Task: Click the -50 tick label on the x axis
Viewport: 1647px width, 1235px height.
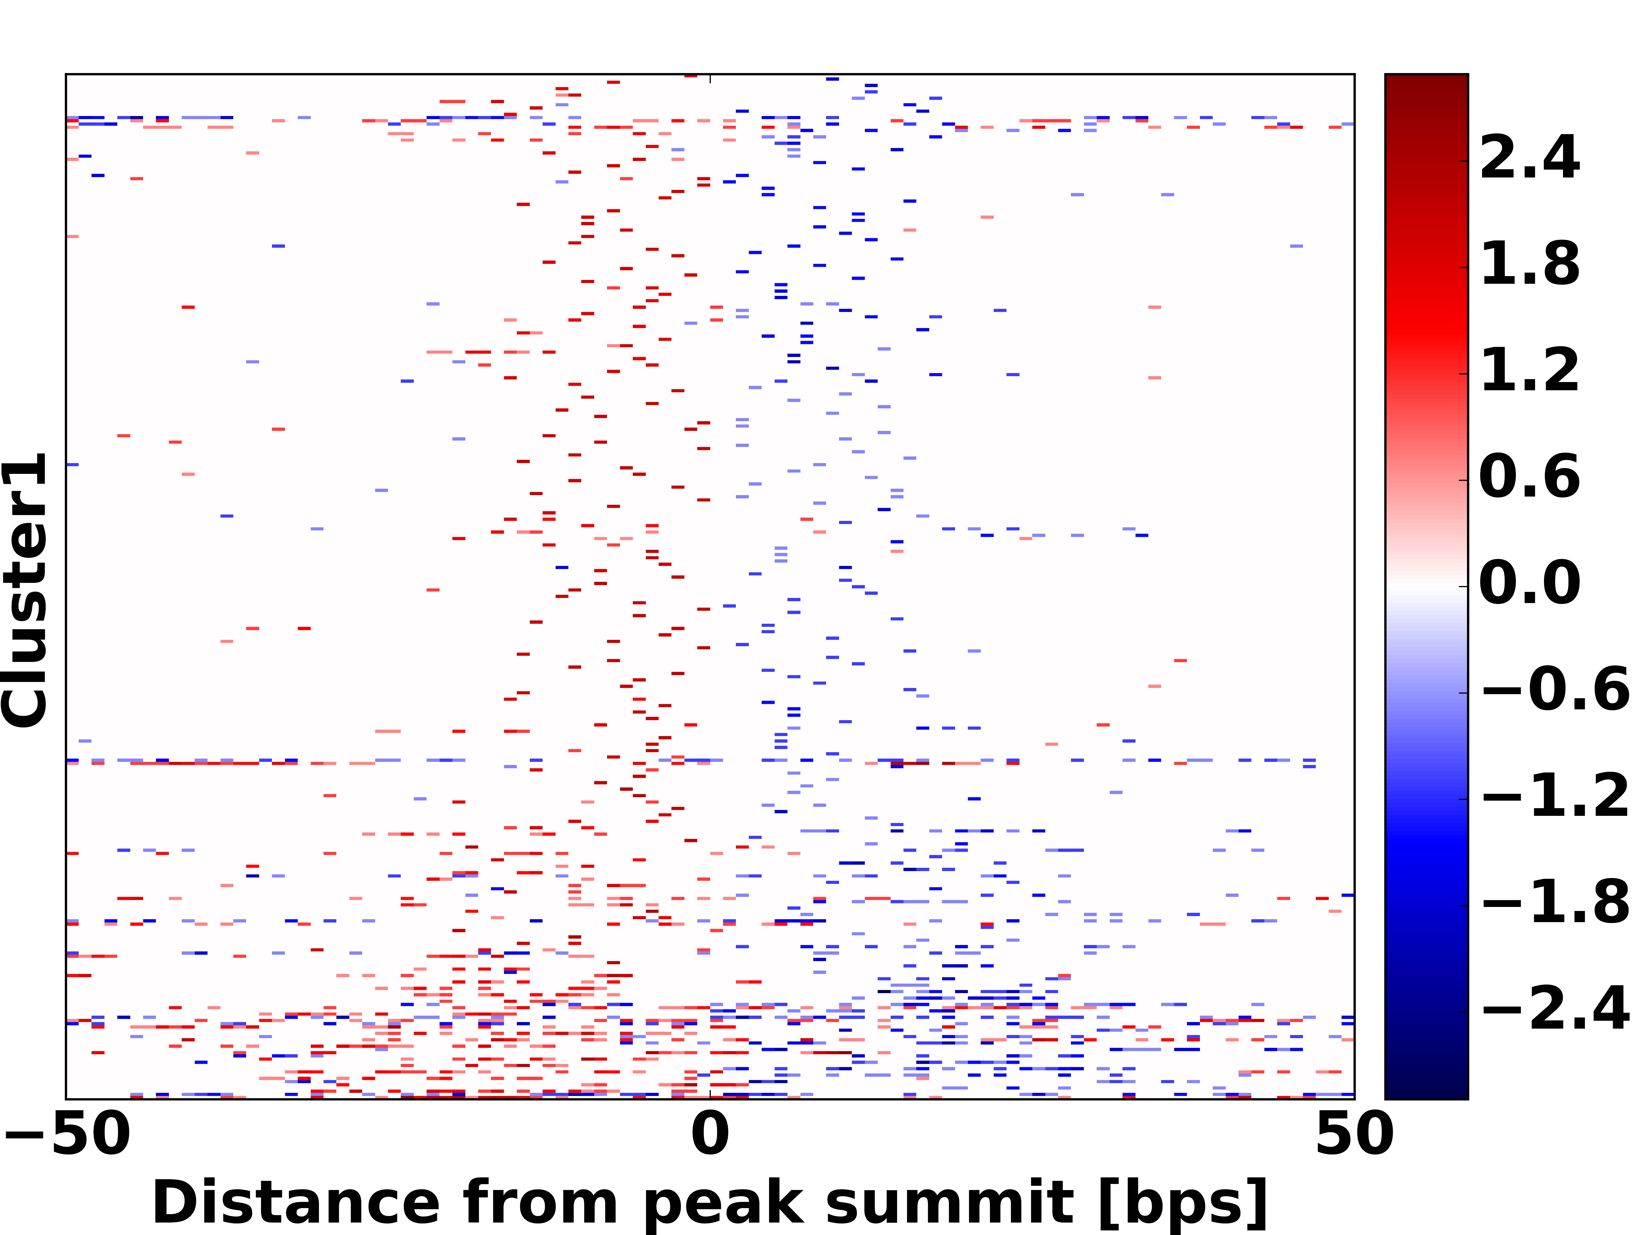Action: point(68,1135)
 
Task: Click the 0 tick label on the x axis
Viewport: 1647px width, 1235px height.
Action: point(709,1135)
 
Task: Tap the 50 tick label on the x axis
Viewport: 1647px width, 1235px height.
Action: point(1354,1135)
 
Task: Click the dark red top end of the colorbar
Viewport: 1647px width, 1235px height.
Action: point(1426,82)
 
